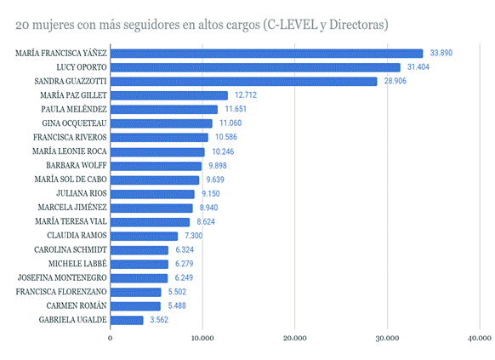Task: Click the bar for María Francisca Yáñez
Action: pyautogui.click(x=266, y=54)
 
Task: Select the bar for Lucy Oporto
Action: pyautogui.click(x=255, y=67)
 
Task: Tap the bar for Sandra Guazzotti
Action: pyautogui.click(x=243, y=82)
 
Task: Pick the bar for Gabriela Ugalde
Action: pyautogui.click(x=127, y=320)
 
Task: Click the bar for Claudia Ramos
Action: pyautogui.click(x=144, y=236)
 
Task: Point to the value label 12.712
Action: pyautogui.click(x=245, y=95)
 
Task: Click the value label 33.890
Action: pyautogui.click(x=441, y=54)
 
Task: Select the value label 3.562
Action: pyautogui.click(x=161, y=320)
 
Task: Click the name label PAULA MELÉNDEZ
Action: pyautogui.click(x=74, y=110)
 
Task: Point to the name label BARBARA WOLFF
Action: pyautogui.click(x=77, y=166)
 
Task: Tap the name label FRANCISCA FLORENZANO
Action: pyautogui.click(x=61, y=292)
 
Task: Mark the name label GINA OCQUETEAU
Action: pyautogui.click(x=73, y=123)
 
